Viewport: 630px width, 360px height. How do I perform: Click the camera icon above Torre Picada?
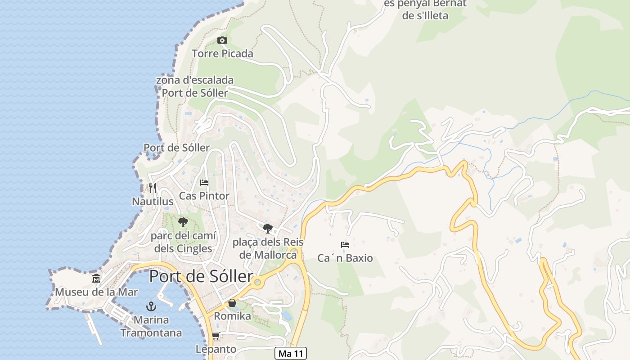tap(222, 40)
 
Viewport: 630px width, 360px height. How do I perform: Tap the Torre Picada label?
tap(222, 54)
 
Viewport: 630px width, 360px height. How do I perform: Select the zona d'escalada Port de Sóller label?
tap(195, 86)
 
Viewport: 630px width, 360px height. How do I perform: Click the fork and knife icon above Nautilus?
tap(153, 188)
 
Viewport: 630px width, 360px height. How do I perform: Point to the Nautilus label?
tap(153, 201)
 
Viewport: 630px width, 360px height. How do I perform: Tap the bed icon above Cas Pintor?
tap(204, 183)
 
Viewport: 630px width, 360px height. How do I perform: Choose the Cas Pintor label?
tap(204, 196)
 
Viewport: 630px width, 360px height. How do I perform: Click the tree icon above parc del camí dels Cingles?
tap(183, 222)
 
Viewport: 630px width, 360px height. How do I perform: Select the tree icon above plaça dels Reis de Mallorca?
tap(268, 228)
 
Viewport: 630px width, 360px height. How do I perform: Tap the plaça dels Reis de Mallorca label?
tap(268, 248)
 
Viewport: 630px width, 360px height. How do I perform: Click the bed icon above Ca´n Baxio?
tap(345, 245)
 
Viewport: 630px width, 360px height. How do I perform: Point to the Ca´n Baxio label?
tap(345, 258)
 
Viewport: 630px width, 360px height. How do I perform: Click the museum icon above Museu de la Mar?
tap(96, 279)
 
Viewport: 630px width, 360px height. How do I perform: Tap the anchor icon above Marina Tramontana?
tap(151, 307)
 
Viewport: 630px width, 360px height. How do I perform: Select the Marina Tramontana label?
tap(151, 326)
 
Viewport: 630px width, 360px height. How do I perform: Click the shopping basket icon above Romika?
tap(232, 303)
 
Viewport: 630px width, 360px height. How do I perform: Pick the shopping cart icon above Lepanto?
tap(216, 336)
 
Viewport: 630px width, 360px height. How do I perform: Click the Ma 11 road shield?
tap(291, 353)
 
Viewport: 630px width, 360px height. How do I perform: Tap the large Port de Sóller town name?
tap(201, 276)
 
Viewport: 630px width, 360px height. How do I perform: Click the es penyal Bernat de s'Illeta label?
tap(425, 9)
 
